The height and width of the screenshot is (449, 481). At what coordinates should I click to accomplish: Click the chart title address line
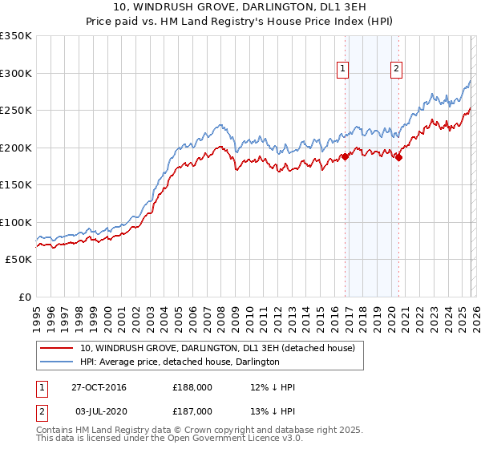(240, 8)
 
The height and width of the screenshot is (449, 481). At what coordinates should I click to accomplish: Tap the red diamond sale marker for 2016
(346, 157)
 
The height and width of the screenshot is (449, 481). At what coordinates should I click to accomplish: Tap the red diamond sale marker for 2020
(398, 157)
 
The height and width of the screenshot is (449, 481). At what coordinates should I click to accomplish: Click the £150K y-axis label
(16, 184)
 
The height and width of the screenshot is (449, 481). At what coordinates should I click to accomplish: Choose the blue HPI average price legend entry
(180, 362)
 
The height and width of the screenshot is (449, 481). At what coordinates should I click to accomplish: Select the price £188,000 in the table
(193, 388)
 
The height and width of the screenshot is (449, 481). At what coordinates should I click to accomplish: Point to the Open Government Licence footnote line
(169, 439)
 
